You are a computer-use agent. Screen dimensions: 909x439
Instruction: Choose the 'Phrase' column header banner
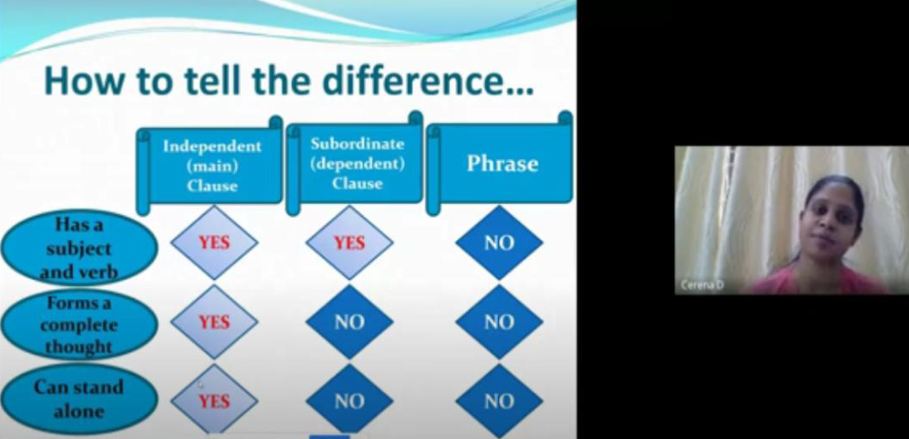click(x=501, y=163)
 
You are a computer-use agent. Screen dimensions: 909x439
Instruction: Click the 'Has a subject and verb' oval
click(x=79, y=248)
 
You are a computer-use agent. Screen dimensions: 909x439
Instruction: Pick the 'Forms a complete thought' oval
click(x=79, y=325)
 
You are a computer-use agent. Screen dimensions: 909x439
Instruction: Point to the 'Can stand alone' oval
click(x=79, y=399)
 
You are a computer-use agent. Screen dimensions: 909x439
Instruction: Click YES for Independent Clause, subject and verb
click(x=214, y=243)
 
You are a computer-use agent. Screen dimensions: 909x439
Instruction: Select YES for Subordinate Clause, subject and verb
click(x=349, y=243)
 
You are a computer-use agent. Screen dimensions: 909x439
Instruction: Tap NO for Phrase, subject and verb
click(x=499, y=243)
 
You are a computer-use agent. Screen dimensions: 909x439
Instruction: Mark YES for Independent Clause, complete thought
click(x=214, y=322)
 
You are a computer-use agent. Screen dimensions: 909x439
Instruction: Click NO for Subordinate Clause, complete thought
click(x=349, y=322)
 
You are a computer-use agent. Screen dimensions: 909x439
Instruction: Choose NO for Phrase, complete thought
click(x=499, y=322)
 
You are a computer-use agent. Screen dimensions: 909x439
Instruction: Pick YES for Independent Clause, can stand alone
click(x=214, y=401)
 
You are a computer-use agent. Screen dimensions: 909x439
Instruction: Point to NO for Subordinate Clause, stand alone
click(x=349, y=401)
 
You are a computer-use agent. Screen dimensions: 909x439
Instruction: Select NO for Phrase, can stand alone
click(x=499, y=401)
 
